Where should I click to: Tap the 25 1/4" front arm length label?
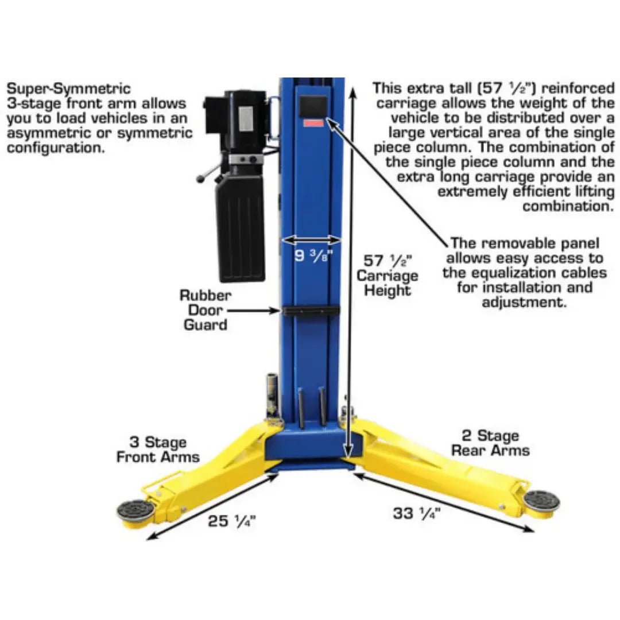(x=231, y=521)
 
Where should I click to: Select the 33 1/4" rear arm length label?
(x=416, y=513)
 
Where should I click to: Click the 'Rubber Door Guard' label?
(x=205, y=310)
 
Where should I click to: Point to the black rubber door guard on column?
(x=311, y=311)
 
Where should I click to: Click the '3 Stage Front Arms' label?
(x=157, y=449)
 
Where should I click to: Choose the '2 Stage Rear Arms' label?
(x=490, y=443)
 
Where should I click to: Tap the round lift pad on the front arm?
(x=136, y=509)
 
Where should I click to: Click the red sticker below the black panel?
(x=313, y=123)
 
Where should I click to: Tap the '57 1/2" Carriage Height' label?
(x=387, y=276)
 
